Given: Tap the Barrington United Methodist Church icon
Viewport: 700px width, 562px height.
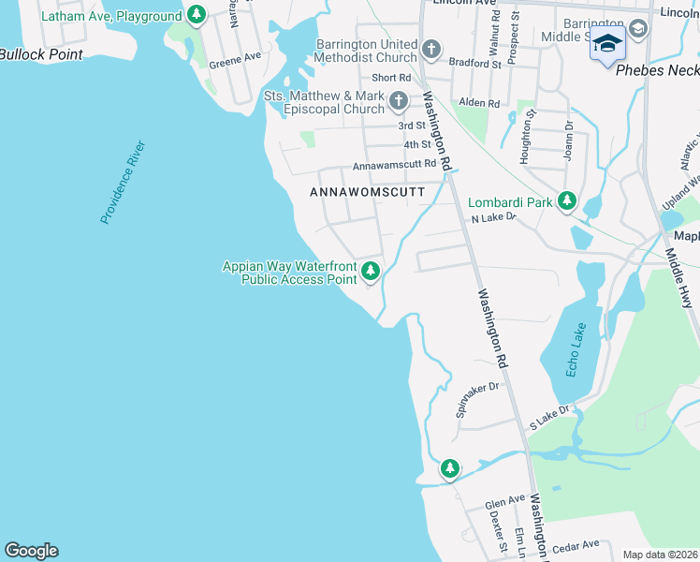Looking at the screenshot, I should [x=430, y=49].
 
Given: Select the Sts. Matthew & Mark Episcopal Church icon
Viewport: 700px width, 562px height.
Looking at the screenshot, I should [x=399, y=101].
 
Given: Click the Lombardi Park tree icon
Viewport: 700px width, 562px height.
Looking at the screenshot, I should [x=566, y=200].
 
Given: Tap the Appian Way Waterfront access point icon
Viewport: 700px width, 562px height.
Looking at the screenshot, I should [x=371, y=272].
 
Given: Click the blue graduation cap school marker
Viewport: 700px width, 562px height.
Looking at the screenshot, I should [x=607, y=45].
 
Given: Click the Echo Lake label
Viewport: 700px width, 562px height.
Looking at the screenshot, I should [x=575, y=350].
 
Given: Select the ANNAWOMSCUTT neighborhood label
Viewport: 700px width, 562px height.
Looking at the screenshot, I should [x=367, y=192].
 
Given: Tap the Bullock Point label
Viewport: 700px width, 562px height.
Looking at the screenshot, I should [x=41, y=54].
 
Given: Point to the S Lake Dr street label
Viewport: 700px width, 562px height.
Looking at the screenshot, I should [x=549, y=418].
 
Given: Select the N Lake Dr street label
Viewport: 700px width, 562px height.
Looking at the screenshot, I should [x=493, y=217].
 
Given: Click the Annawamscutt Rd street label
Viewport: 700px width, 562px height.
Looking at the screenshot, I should [x=394, y=165].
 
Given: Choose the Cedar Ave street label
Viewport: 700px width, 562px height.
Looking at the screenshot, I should [x=576, y=545].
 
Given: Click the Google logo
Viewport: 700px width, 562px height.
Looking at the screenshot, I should [x=31, y=551].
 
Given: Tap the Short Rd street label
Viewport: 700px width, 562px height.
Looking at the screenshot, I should [x=391, y=78].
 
